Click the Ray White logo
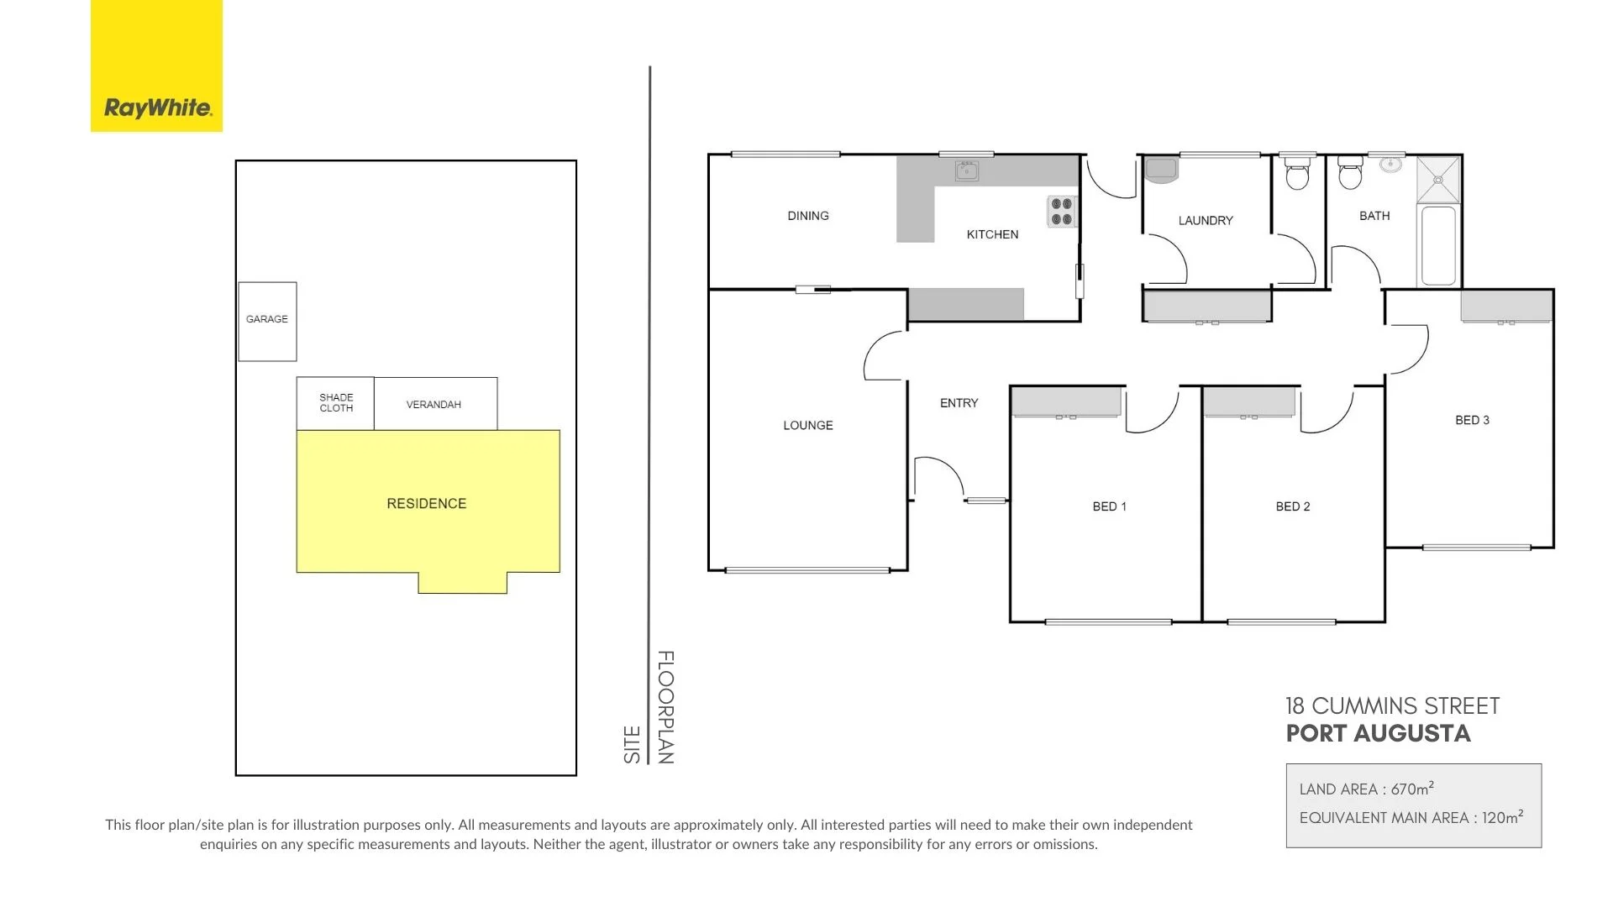tap(157, 66)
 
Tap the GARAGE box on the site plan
tap(267, 321)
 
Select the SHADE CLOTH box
tap(335, 403)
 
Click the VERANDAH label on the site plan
tap(433, 405)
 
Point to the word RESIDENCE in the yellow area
tap(426, 504)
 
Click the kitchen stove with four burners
tap(1062, 212)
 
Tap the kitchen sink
tap(966, 171)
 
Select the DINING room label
tap(808, 216)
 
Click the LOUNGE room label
tap(808, 426)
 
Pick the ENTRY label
tap(959, 403)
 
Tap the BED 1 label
tap(1109, 506)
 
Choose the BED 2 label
tap(1292, 506)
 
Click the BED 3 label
tap(1472, 420)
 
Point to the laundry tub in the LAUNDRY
tap(1161, 170)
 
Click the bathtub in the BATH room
tap(1437, 245)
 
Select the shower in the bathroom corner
tap(1439, 180)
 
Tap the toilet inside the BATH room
tap(1350, 174)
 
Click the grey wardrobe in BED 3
tap(1506, 306)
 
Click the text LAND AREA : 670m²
tap(1366, 789)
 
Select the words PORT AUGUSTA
tap(1378, 733)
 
